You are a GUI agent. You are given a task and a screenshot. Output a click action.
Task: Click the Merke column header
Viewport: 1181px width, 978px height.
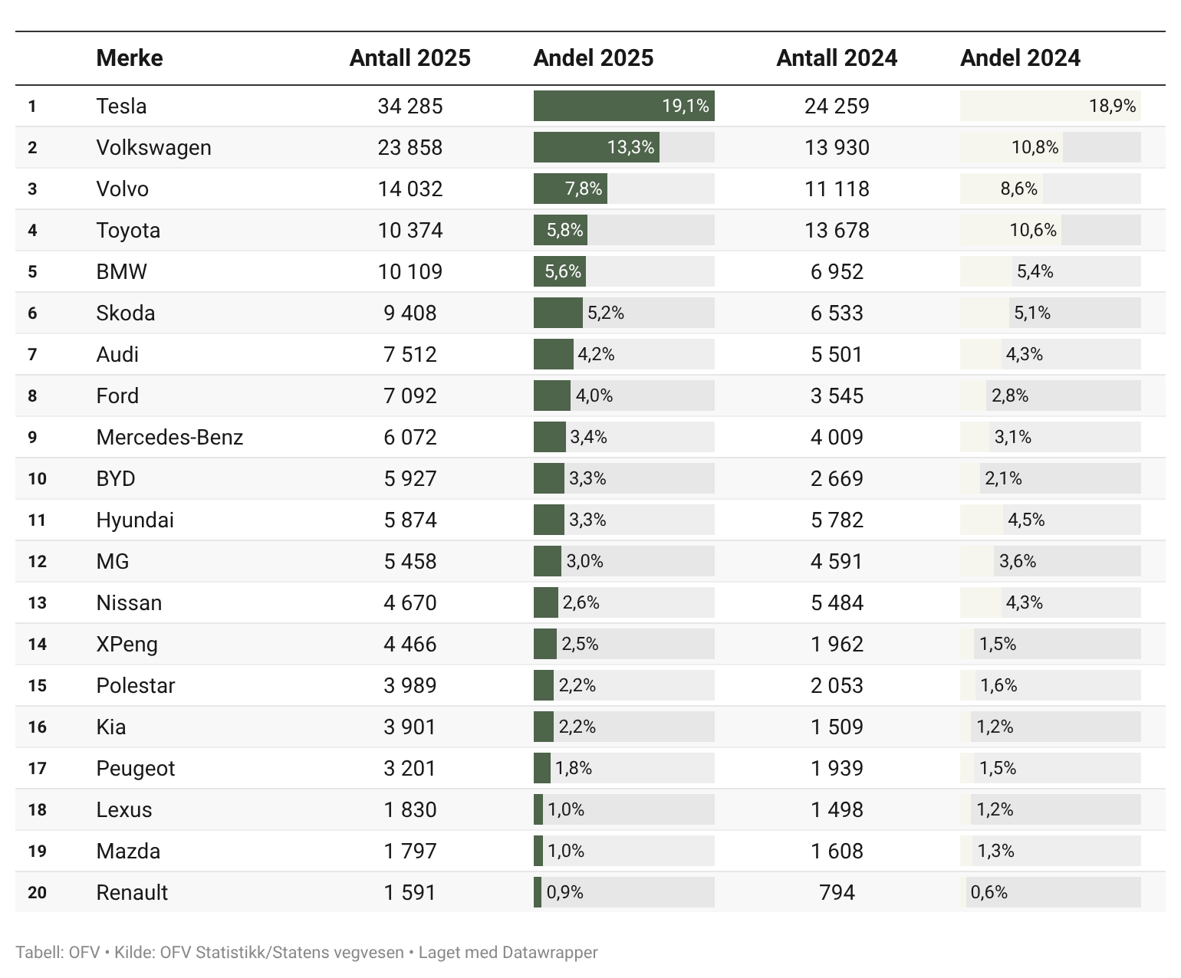pyautogui.click(x=130, y=58)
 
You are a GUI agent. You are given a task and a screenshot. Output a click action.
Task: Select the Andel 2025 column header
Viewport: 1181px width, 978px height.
pyautogui.click(x=594, y=58)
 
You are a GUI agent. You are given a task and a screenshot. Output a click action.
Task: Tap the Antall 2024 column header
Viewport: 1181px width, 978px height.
pyautogui.click(x=837, y=58)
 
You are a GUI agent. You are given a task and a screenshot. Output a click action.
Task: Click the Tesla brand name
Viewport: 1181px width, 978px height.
pyautogui.click(x=121, y=106)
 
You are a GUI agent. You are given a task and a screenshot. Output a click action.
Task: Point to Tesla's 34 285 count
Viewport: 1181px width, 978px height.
pyautogui.click(x=410, y=106)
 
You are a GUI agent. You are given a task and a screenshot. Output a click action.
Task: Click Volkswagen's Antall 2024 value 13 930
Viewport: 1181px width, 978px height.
pyautogui.click(x=837, y=147)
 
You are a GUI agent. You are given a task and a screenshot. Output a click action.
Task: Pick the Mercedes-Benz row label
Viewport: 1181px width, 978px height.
pyautogui.click(x=169, y=437)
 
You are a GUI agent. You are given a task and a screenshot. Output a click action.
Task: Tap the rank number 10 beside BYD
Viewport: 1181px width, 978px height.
pyautogui.click(x=37, y=479)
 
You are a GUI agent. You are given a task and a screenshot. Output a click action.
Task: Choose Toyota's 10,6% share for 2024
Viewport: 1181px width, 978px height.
pyautogui.click(x=1033, y=230)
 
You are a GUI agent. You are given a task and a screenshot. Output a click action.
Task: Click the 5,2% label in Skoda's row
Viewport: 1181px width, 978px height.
pyautogui.click(x=606, y=313)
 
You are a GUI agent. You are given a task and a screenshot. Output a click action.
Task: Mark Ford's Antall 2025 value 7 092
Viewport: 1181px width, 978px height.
pyautogui.click(x=410, y=395)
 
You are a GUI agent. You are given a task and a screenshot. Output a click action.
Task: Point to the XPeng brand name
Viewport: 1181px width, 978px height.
pyautogui.click(x=127, y=644)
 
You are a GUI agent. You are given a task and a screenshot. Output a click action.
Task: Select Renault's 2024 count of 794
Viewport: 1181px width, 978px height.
pyautogui.click(x=837, y=892)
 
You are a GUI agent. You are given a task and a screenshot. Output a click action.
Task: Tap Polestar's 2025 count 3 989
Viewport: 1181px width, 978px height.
pyautogui.click(x=410, y=685)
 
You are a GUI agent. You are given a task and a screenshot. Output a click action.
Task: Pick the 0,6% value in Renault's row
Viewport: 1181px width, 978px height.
pyautogui.click(x=989, y=892)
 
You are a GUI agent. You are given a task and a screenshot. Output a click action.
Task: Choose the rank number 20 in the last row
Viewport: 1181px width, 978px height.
pyautogui.click(x=37, y=893)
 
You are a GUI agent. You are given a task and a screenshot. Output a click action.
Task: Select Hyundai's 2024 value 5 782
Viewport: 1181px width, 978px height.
pyautogui.click(x=837, y=520)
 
